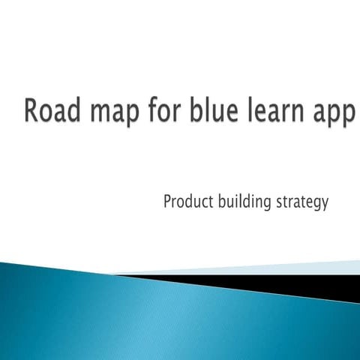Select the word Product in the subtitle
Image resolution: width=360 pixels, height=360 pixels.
tap(187, 202)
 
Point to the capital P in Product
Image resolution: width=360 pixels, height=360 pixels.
tap(166, 202)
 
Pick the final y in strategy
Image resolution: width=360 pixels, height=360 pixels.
tap(325, 205)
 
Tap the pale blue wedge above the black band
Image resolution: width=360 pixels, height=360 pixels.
tap(300, 268)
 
